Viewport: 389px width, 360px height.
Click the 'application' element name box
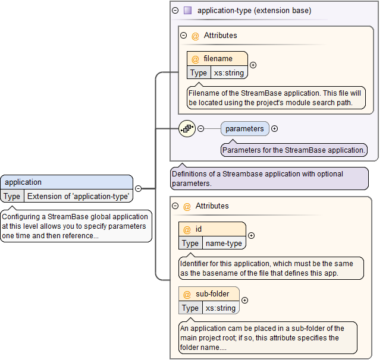pyautogui.click(x=66, y=182)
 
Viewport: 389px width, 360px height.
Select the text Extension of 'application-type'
pyautogui.click(x=78, y=196)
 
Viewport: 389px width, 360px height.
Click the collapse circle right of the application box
pyautogui.click(x=138, y=188)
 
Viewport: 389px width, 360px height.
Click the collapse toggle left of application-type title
pyautogui.click(x=175, y=10)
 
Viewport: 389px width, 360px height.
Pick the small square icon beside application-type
pyautogui.click(x=187, y=10)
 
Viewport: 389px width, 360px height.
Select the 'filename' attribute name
pyautogui.click(x=218, y=59)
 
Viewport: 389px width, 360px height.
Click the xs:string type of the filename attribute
pyautogui.click(x=229, y=72)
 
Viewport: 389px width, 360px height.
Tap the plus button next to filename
pyautogui.click(x=253, y=65)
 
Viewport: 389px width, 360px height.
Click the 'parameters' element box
pyautogui.click(x=244, y=128)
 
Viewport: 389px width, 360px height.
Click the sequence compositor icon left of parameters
pyautogui.click(x=187, y=128)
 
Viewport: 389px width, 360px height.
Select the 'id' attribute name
pyautogui.click(x=199, y=229)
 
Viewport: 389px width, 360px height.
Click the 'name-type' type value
pyautogui.click(x=224, y=243)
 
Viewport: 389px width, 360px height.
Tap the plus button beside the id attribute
pyautogui.click(x=251, y=236)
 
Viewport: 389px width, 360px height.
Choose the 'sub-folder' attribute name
pyautogui.click(x=212, y=293)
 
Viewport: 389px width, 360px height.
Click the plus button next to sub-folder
pyautogui.click(x=244, y=301)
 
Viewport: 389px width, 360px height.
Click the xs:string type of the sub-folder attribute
pyautogui.click(x=221, y=308)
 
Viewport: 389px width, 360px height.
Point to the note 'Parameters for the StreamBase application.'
pyautogui.click(x=293, y=150)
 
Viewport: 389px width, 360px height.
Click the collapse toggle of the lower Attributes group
pyautogui.click(x=175, y=206)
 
